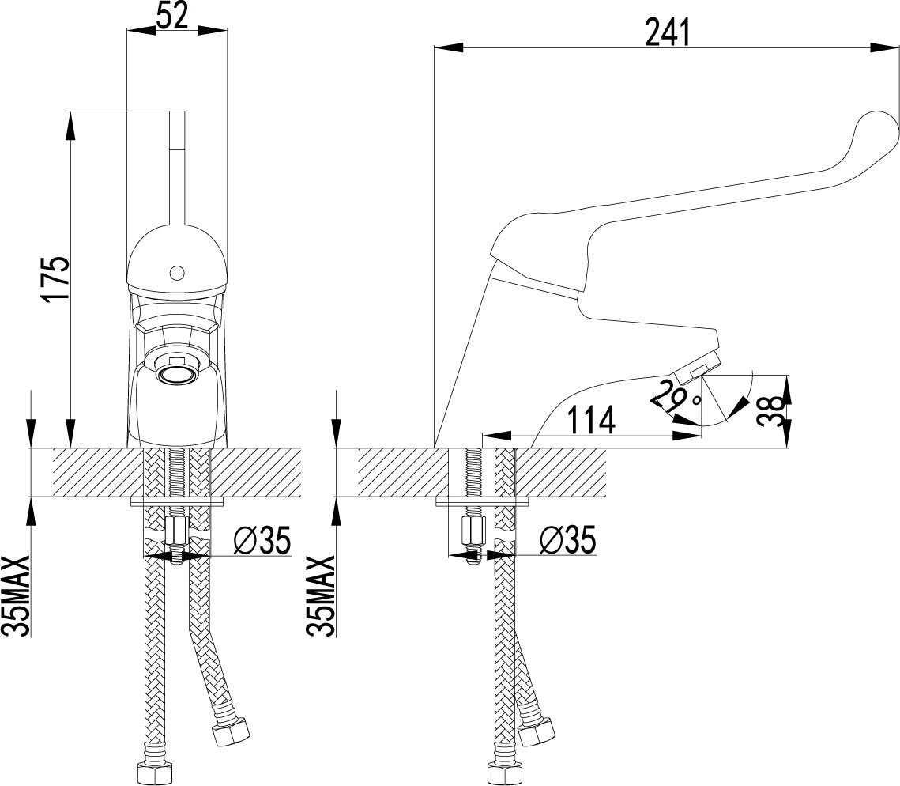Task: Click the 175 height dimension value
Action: click(x=56, y=278)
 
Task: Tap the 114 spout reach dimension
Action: click(x=592, y=419)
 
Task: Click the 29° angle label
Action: click(x=676, y=397)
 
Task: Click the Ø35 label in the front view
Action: click(x=262, y=540)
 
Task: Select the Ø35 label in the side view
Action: click(x=567, y=540)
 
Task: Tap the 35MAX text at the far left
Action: click(x=16, y=595)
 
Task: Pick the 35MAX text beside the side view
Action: click(x=322, y=595)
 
